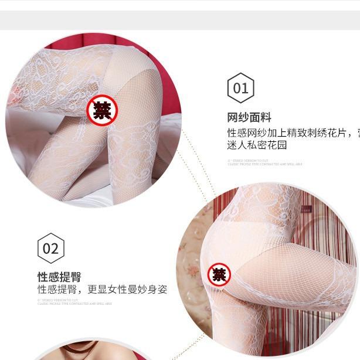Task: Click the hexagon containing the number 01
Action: pos(240,89)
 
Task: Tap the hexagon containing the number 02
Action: pos(51,248)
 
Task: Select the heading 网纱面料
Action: pos(249,117)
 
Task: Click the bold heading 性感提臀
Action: pos(59,277)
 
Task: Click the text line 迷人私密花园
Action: pos(257,145)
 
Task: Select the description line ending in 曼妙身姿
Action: pos(103,290)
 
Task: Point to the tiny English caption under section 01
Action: pos(264,162)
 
